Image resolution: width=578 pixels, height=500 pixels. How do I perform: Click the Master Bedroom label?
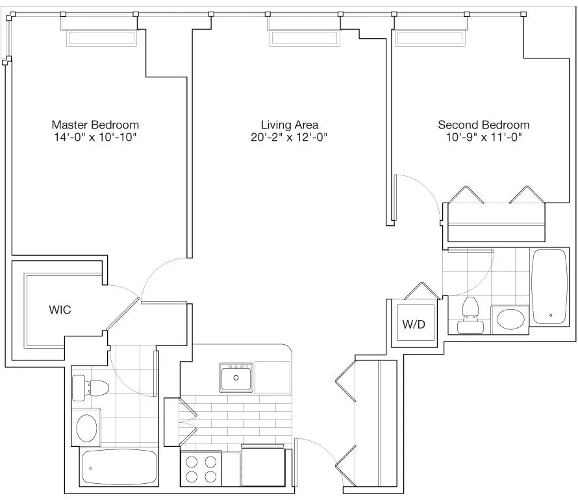pyautogui.click(x=95, y=125)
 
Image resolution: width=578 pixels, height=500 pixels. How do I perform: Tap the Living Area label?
pyautogui.click(x=289, y=125)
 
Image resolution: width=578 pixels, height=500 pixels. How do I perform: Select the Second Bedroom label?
pyautogui.click(x=483, y=125)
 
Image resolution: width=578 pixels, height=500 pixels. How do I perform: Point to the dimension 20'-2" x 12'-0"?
pyautogui.click(x=289, y=137)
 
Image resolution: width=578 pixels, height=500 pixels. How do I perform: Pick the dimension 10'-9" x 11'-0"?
pyautogui.click(x=483, y=137)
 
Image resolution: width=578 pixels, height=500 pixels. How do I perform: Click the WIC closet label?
pyautogui.click(x=60, y=310)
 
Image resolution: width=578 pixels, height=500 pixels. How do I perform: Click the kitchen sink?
pyautogui.click(x=236, y=377)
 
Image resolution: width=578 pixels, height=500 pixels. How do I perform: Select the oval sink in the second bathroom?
pyautogui.click(x=510, y=319)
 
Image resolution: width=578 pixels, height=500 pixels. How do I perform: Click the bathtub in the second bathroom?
pyautogui.click(x=551, y=286)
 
